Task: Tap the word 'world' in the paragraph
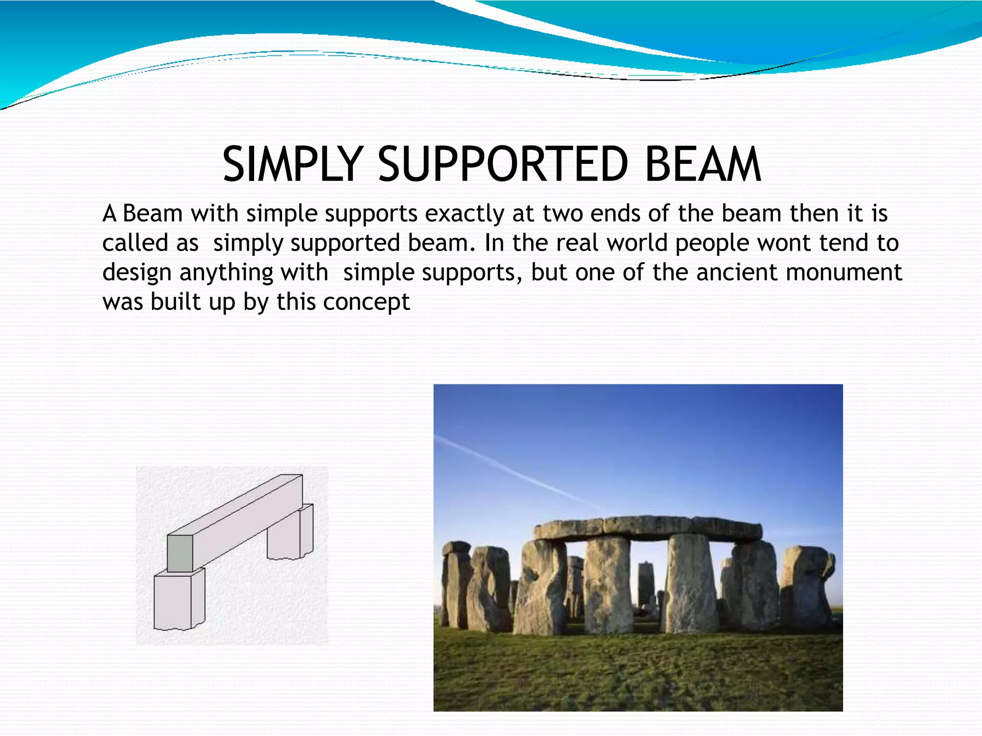[x=637, y=243]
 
